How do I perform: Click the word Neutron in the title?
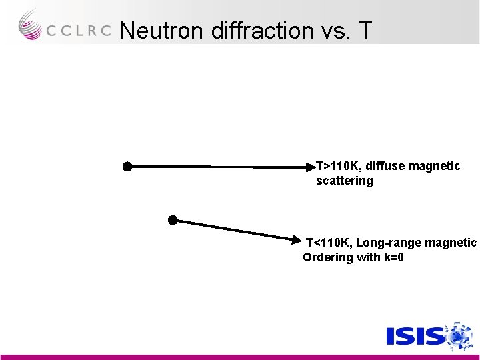(x=162, y=30)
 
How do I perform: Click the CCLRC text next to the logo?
(x=79, y=31)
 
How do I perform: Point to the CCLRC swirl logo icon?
(x=30, y=25)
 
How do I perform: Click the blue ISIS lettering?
(x=415, y=335)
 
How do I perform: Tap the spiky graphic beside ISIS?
(x=458, y=335)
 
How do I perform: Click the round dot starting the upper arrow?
(x=127, y=167)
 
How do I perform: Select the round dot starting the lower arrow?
(x=173, y=219)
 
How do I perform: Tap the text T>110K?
(x=337, y=166)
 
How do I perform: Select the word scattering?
(x=344, y=181)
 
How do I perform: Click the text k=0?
(x=393, y=257)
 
